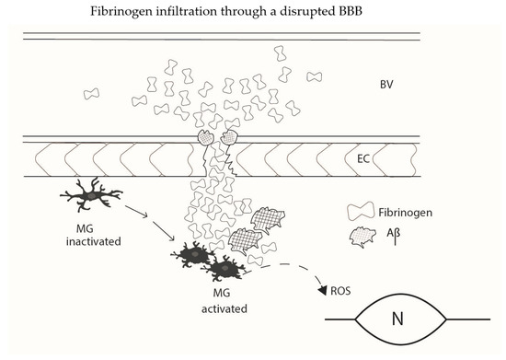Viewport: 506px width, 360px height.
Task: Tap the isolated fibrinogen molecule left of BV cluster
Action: pyautogui.click(x=93, y=94)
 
